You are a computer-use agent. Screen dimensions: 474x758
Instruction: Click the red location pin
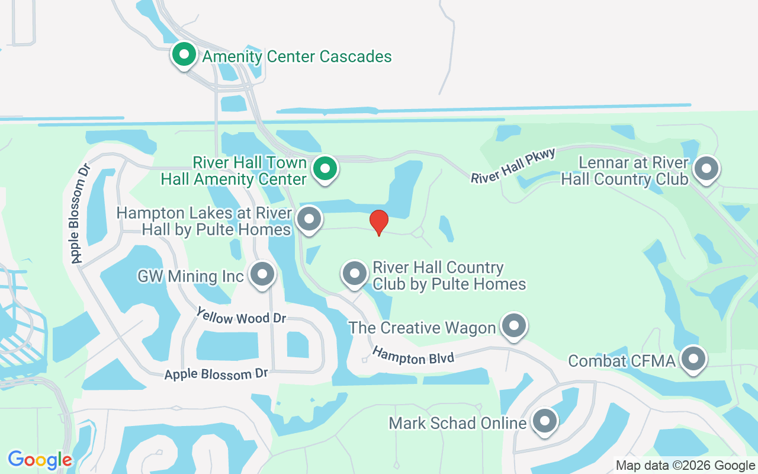pos(379,222)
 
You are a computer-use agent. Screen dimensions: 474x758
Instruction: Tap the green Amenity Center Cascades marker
pos(184,55)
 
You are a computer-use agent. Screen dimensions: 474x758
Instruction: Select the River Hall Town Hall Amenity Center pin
pos(325,169)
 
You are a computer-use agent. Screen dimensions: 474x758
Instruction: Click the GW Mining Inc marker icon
pos(262,275)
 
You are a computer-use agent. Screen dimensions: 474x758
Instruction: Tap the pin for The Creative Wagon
pos(513,326)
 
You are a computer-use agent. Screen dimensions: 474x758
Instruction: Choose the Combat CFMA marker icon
pos(693,359)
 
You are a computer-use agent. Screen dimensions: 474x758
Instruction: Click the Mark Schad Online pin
pos(544,422)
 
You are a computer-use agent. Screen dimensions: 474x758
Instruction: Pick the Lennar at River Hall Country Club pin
pos(706,169)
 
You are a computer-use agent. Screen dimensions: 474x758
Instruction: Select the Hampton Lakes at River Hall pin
pos(309,219)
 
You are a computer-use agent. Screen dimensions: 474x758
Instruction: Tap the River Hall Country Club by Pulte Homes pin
pos(355,274)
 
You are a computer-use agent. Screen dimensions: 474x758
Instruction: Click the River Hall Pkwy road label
pos(513,166)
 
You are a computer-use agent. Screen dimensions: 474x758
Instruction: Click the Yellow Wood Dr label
pos(241,316)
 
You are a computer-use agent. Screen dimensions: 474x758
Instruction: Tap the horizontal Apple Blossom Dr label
pos(216,374)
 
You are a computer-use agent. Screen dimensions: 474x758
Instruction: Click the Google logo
pos(40,459)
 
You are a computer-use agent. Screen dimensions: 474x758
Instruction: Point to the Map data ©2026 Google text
pos(685,466)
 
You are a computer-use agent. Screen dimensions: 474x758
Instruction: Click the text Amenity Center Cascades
pos(297,57)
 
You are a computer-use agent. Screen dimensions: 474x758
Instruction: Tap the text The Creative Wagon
pos(422,328)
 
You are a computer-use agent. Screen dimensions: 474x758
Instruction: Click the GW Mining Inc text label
pos(191,276)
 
